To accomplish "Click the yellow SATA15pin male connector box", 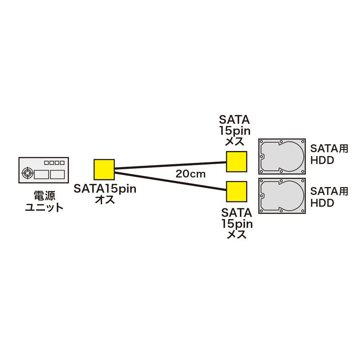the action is click(104, 170).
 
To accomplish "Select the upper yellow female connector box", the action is click(237, 162).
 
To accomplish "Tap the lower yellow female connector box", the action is click(237, 192).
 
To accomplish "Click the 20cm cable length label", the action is click(190, 174).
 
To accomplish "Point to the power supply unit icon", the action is click(44, 170).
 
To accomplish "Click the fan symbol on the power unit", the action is click(27, 173).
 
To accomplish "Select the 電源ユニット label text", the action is click(44, 202).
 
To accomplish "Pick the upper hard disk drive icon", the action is click(282, 156).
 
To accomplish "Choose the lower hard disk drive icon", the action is click(282, 196).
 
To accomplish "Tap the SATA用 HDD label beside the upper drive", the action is click(329, 154).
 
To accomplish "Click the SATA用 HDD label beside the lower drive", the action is click(329, 197).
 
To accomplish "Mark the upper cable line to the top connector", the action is click(171, 166).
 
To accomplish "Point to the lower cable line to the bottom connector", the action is click(171, 181).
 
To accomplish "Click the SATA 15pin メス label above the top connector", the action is click(234, 130).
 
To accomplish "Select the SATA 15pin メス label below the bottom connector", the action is click(237, 223).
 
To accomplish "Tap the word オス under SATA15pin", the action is click(105, 199).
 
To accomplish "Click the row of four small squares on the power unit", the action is click(54, 163).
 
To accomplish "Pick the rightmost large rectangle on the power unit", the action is click(57, 175).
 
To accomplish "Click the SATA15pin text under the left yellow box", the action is click(105, 189).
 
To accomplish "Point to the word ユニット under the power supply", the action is click(44, 207).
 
